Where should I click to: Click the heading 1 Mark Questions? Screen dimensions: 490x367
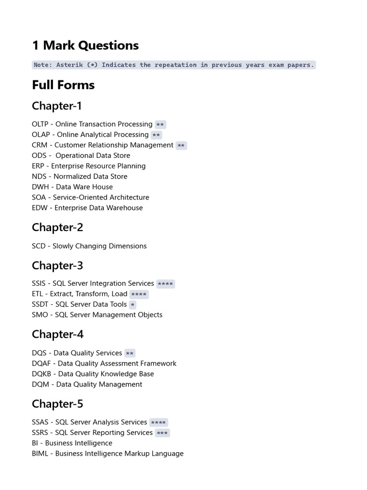(x=85, y=45)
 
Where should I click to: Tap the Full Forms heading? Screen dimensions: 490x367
(x=63, y=85)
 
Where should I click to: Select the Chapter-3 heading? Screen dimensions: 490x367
(x=57, y=265)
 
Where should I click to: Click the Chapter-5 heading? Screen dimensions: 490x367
(x=57, y=404)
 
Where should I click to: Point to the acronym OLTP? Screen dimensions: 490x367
(x=41, y=124)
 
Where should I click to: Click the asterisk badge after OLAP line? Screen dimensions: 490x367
(x=156, y=135)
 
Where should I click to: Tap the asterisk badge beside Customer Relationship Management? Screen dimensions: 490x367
(x=181, y=146)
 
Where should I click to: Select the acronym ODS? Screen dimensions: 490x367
(x=39, y=156)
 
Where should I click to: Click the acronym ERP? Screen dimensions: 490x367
(x=38, y=166)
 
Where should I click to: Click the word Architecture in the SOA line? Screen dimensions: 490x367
(x=128, y=198)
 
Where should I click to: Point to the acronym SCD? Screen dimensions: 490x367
(x=39, y=246)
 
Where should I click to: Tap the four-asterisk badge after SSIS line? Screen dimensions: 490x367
(x=165, y=284)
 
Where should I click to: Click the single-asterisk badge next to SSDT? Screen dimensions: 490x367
(x=132, y=305)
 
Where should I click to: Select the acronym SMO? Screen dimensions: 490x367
(x=40, y=315)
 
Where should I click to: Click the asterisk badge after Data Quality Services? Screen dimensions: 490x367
(x=130, y=354)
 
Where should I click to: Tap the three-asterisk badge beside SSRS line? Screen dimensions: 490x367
(x=162, y=433)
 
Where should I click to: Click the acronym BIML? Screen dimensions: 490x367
(x=40, y=454)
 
